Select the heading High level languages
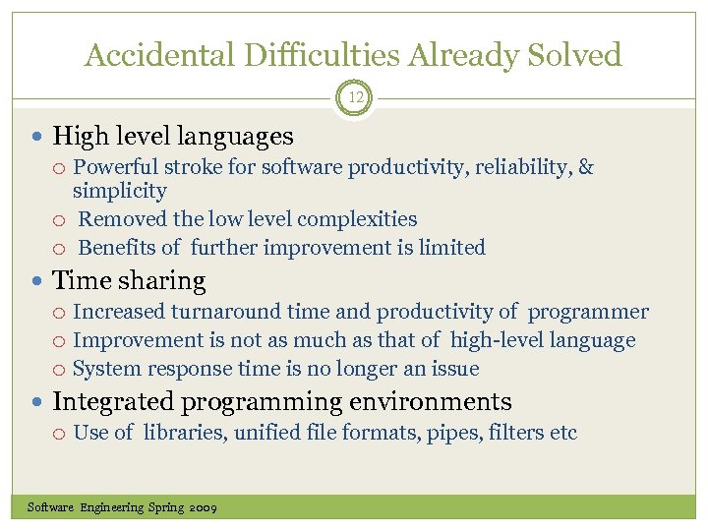[172, 136]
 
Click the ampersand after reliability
[586, 167]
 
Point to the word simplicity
[120, 191]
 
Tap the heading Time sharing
[129, 281]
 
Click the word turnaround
[225, 313]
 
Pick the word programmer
[588, 313]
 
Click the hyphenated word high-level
[501, 341]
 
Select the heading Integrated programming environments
[281, 402]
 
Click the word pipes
[451, 433]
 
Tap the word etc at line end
[562, 433]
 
